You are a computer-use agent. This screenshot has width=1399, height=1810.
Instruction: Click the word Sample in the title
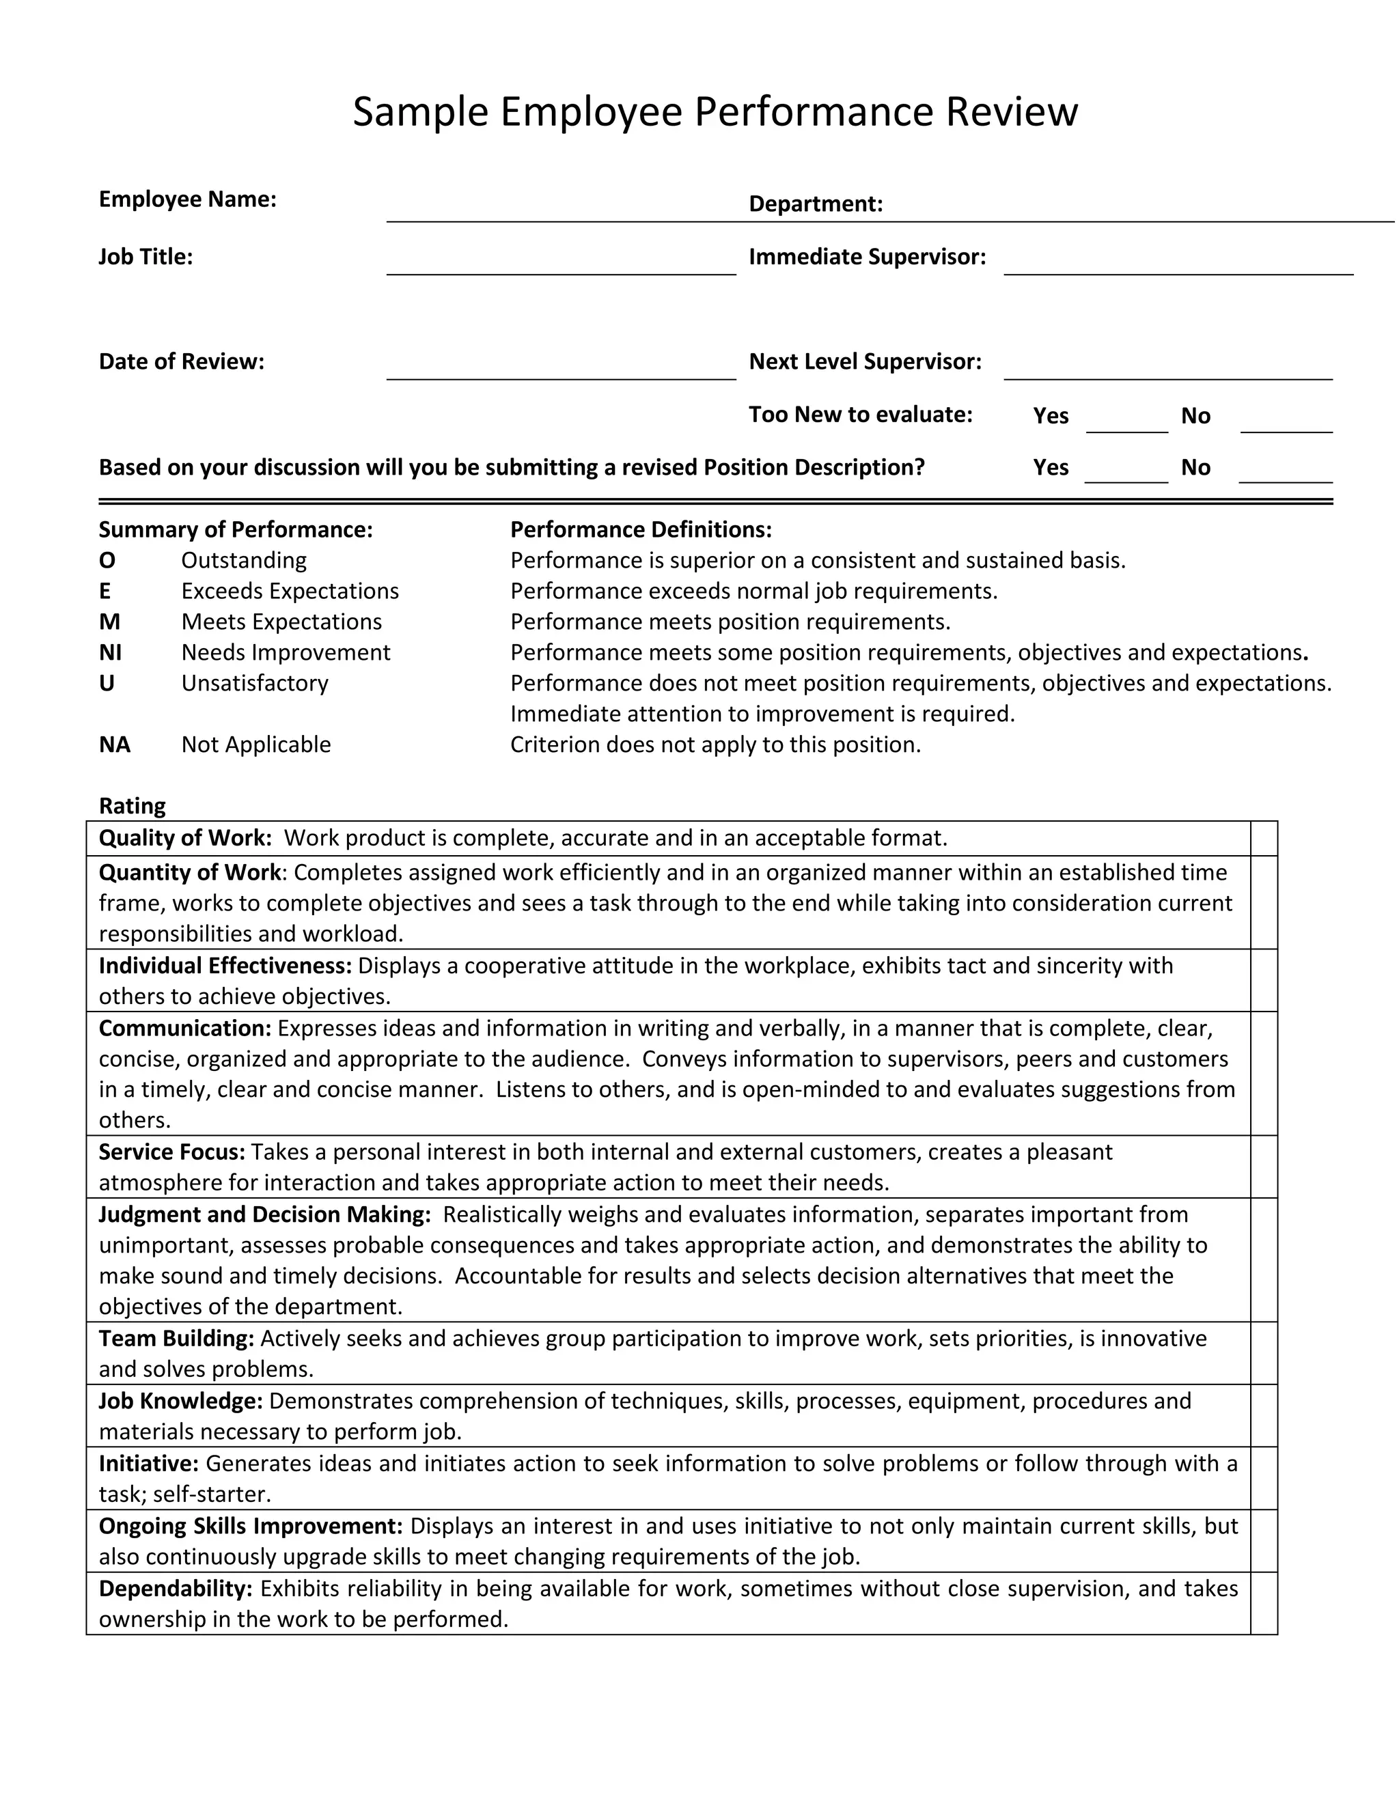(x=420, y=112)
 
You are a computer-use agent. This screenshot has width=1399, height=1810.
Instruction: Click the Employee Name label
(x=187, y=199)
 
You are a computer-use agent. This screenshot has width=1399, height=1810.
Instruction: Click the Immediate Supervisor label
(x=867, y=257)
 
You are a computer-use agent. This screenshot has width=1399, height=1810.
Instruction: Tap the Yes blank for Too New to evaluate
(x=1126, y=422)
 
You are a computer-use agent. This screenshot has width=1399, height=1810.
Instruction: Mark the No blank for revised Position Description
(x=1286, y=473)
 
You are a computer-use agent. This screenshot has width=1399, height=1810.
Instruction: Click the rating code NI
(x=110, y=653)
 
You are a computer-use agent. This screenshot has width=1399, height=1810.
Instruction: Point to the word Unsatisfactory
(x=254, y=684)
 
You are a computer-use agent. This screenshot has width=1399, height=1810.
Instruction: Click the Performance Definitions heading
(x=641, y=529)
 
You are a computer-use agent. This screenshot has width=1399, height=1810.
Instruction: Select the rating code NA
(x=114, y=745)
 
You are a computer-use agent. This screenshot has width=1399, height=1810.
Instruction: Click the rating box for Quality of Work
(x=1264, y=839)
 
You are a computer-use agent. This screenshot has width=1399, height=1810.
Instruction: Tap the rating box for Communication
(x=1264, y=1073)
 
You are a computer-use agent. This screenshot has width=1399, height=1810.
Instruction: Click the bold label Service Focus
(x=171, y=1153)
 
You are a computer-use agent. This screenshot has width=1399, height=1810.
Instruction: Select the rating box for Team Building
(x=1264, y=1353)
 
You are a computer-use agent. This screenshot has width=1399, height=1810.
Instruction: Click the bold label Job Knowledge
(x=180, y=1402)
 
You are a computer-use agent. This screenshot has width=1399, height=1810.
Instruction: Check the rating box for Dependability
(x=1264, y=1604)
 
